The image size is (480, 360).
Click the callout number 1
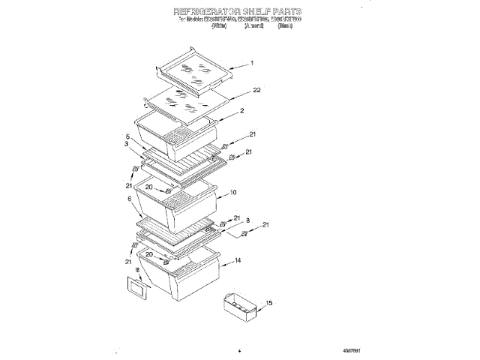point(252,64)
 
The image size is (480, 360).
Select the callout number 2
point(242,111)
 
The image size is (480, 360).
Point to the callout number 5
point(128,137)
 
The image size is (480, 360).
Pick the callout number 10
point(233,192)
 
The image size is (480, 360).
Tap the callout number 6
point(130,199)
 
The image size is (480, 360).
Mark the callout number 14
point(237,260)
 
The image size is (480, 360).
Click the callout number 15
point(269,303)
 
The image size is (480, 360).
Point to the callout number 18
point(137,269)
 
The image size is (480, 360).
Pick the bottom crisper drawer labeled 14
point(184,277)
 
